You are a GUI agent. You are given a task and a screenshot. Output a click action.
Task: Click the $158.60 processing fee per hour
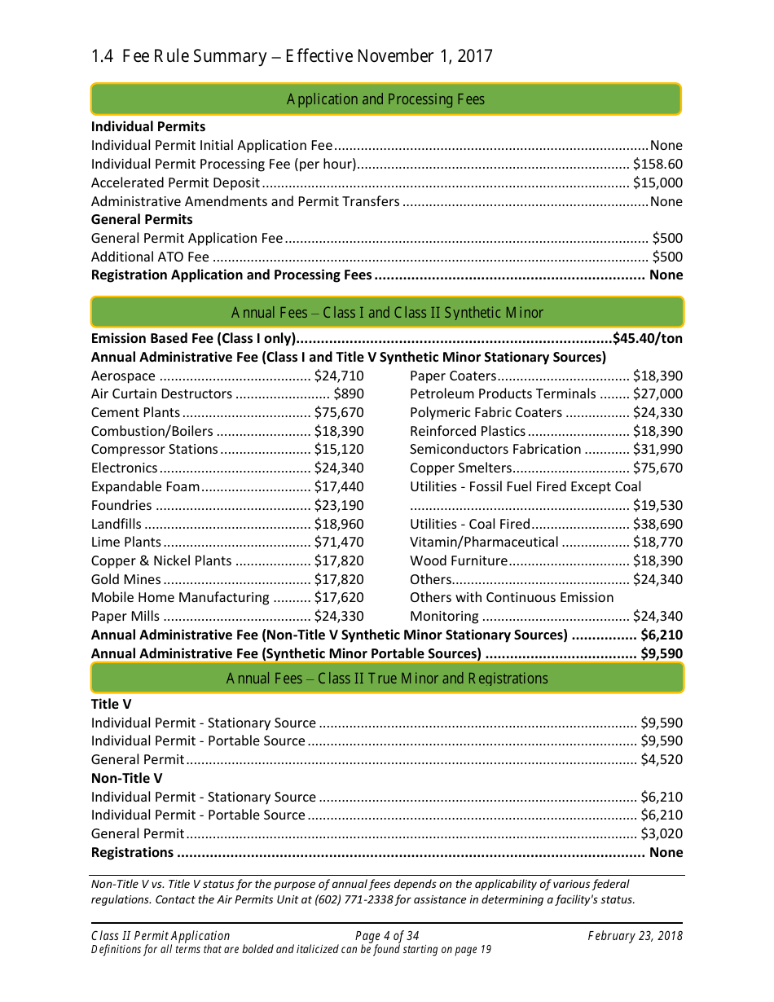(x=657, y=164)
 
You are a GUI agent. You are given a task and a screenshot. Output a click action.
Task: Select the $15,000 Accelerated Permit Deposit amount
(x=657, y=182)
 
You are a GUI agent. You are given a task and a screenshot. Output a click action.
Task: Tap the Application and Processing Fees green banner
(x=385, y=99)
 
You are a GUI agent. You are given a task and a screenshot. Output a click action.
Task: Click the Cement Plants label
(x=135, y=413)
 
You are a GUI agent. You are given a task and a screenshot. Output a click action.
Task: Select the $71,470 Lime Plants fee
(x=339, y=543)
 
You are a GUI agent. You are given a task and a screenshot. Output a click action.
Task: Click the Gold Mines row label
(x=125, y=580)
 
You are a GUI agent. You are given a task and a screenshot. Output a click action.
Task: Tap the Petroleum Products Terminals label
(x=503, y=394)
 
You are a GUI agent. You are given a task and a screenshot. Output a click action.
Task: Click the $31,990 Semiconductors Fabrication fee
(x=657, y=450)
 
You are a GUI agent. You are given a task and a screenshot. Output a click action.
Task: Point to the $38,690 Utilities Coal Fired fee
(x=657, y=525)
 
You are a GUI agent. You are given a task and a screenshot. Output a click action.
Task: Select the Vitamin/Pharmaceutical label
(x=484, y=543)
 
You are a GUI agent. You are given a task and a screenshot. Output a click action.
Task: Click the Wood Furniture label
(x=458, y=561)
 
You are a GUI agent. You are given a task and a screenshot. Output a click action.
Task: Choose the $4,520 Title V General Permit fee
(x=662, y=760)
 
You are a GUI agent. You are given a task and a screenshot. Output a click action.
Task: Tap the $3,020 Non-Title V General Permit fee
(x=662, y=834)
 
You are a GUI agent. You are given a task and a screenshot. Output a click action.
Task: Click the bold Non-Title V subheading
(x=126, y=779)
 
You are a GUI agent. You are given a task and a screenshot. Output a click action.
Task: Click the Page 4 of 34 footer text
(x=387, y=936)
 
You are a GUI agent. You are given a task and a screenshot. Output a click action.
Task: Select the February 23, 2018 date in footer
(x=635, y=936)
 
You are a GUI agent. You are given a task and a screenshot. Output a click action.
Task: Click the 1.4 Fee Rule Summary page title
(x=292, y=56)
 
